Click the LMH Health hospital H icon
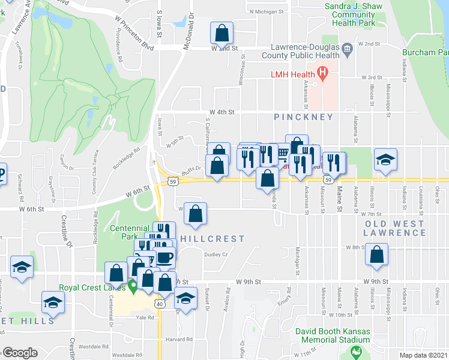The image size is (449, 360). coord(322,75)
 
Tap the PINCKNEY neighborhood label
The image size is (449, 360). coord(298,118)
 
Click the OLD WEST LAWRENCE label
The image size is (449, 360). coord(395,228)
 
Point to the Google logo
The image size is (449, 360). coord(19,352)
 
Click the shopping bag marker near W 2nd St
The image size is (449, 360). coord(221,34)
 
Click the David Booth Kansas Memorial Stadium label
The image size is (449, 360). coord(335,335)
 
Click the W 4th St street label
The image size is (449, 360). coord(221,112)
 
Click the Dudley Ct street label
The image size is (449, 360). coord(217,254)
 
